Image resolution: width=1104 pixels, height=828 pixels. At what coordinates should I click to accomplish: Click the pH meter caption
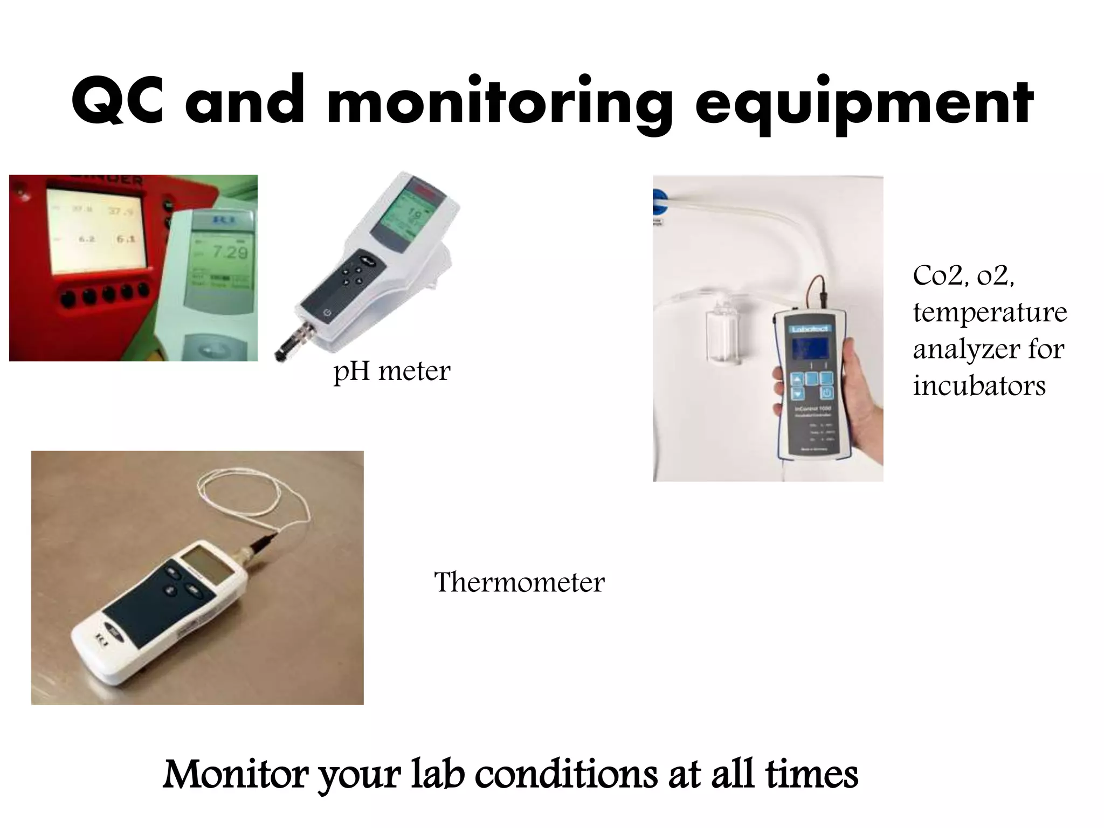click(x=392, y=371)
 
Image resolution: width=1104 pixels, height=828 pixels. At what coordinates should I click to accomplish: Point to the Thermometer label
click(x=519, y=582)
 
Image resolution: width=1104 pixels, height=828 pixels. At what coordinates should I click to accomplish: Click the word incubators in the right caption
click(x=979, y=385)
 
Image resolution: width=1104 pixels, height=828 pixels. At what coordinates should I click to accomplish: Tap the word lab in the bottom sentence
click(x=438, y=774)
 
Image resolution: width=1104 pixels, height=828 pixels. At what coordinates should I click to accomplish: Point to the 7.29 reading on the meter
click(x=230, y=252)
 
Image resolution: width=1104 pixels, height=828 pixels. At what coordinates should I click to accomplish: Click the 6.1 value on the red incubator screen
click(x=125, y=238)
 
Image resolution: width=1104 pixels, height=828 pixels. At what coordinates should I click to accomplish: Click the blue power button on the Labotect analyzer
click(x=826, y=393)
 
